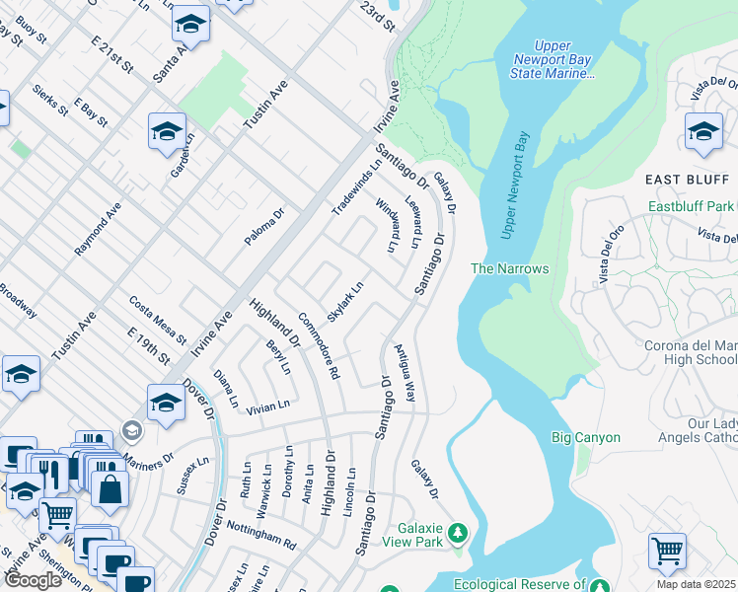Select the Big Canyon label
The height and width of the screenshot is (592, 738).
(586, 437)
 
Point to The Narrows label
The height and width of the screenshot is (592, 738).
(509, 268)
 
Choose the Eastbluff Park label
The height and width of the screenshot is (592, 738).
(692, 207)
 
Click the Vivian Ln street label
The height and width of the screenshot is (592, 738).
(268, 405)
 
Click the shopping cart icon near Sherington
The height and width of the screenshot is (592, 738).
(57, 514)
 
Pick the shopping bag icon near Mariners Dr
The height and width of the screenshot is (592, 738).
(110, 487)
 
